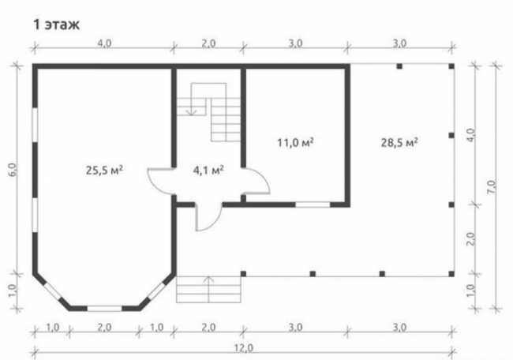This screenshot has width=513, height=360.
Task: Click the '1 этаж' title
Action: click(56, 25)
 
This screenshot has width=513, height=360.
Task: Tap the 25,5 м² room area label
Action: click(104, 171)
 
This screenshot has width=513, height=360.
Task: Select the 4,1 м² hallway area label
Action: click(208, 171)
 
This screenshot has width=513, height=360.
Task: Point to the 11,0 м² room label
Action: click(295, 143)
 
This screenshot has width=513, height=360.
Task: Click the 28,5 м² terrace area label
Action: click(399, 143)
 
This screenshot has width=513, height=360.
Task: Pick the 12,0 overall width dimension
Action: click(244, 347)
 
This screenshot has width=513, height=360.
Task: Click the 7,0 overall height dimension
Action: click(492, 188)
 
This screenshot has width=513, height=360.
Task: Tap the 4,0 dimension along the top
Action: click(104, 43)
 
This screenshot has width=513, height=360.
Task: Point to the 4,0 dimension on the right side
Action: click(471, 135)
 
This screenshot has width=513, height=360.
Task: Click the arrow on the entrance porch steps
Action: click(208, 289)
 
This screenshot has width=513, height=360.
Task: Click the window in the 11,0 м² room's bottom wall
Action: click(313, 205)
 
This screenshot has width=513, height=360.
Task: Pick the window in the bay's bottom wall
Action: click(104, 309)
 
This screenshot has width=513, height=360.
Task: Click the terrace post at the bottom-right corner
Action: click(451, 274)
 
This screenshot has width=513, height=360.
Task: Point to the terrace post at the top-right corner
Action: click(451, 66)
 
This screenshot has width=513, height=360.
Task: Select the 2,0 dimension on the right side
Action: click(471, 239)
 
